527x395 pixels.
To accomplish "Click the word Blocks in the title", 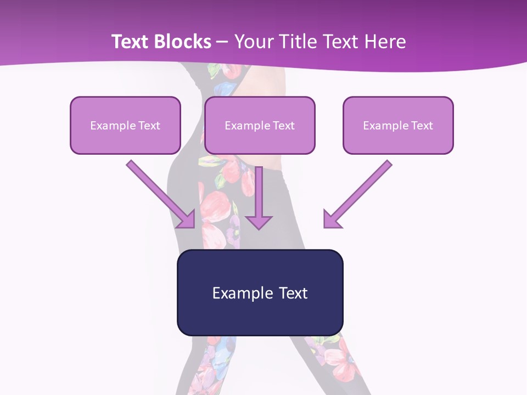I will point(183,42).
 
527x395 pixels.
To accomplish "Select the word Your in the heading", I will point(252,42).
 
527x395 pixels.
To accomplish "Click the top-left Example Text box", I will point(125,125).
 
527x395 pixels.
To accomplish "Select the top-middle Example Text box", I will point(260,125).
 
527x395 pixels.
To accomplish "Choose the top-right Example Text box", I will point(398,125).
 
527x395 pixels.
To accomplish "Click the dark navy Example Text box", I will point(260,292).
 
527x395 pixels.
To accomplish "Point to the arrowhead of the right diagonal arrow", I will point(330,220).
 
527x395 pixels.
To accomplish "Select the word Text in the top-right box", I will point(422,125).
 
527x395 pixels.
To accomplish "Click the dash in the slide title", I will point(222,42).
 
